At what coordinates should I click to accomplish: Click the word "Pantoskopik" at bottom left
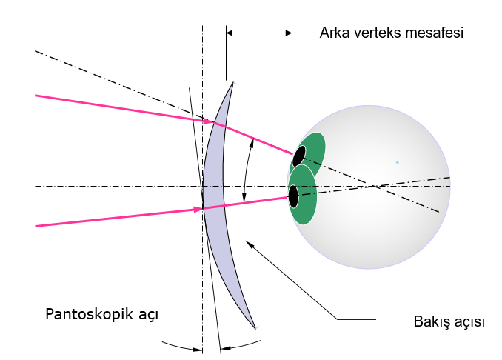coord(84,313)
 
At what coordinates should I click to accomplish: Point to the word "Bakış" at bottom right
coord(431,322)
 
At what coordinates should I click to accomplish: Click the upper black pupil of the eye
coord(298,156)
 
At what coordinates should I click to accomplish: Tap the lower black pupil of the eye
coord(293,196)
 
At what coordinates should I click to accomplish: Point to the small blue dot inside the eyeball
coord(397,162)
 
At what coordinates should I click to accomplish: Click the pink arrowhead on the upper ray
coord(208,119)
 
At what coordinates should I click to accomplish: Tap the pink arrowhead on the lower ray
coord(198,210)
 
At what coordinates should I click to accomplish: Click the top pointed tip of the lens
coord(232,82)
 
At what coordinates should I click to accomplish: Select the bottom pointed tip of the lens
coord(255,328)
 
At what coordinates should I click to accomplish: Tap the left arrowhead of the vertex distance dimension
coord(230,33)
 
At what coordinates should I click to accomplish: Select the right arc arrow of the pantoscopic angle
coord(241,345)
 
